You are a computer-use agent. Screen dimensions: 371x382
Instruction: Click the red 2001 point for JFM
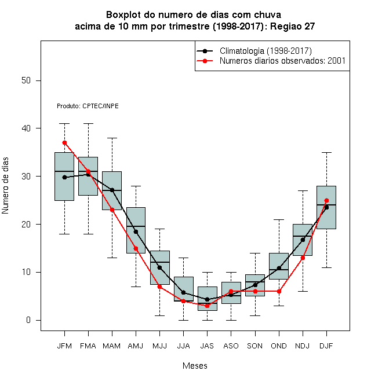click(64, 143)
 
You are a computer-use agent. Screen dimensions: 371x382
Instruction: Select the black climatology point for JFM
click(64, 177)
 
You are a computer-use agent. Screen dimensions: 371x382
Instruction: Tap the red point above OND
click(279, 291)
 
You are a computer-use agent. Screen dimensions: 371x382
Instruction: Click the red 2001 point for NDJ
click(303, 258)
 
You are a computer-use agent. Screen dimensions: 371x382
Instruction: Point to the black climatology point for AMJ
click(136, 232)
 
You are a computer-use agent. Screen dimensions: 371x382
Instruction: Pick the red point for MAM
click(112, 210)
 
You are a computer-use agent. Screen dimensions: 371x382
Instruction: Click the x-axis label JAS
click(207, 346)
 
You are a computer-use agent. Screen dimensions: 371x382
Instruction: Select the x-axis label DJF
click(326, 346)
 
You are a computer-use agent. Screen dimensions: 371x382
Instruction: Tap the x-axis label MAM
click(111, 346)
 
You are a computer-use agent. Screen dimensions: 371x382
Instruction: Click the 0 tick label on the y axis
click(28, 320)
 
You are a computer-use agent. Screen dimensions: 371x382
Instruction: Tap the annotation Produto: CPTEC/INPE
click(88, 106)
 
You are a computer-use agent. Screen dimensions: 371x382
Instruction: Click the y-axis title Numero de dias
click(5, 186)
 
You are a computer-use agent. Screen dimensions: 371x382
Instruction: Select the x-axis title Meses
click(195, 366)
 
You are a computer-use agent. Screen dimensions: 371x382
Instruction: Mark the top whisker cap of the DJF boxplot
click(326, 152)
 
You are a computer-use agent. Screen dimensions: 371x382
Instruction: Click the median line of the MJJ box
click(160, 262)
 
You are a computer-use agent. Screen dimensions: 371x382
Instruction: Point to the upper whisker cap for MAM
click(112, 138)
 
